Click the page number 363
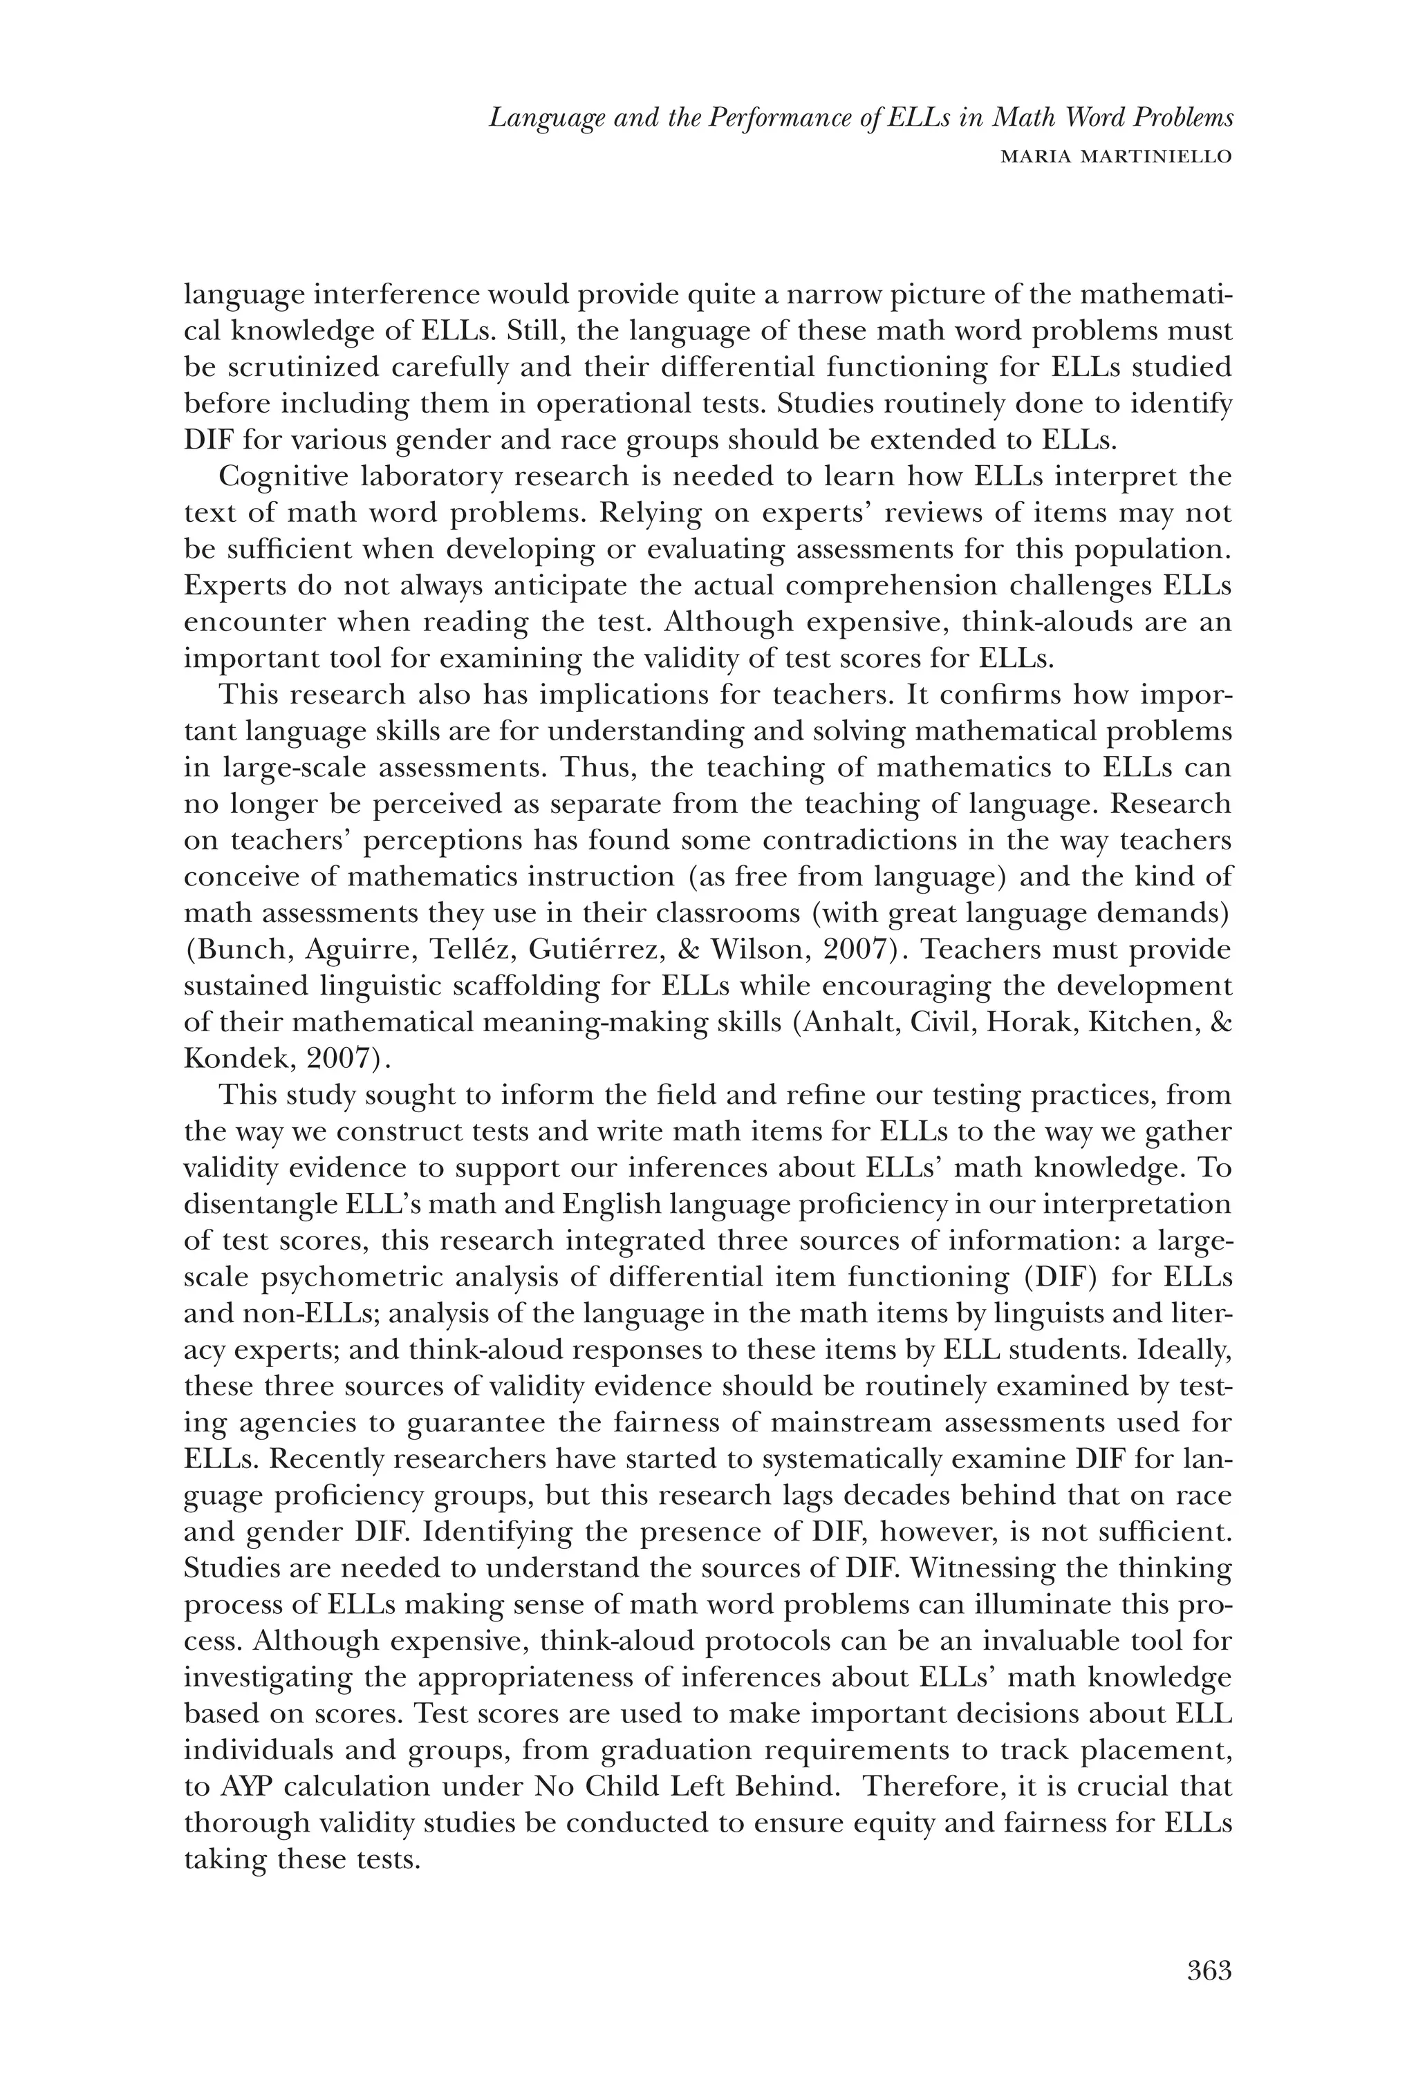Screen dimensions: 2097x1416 click(x=1209, y=1973)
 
